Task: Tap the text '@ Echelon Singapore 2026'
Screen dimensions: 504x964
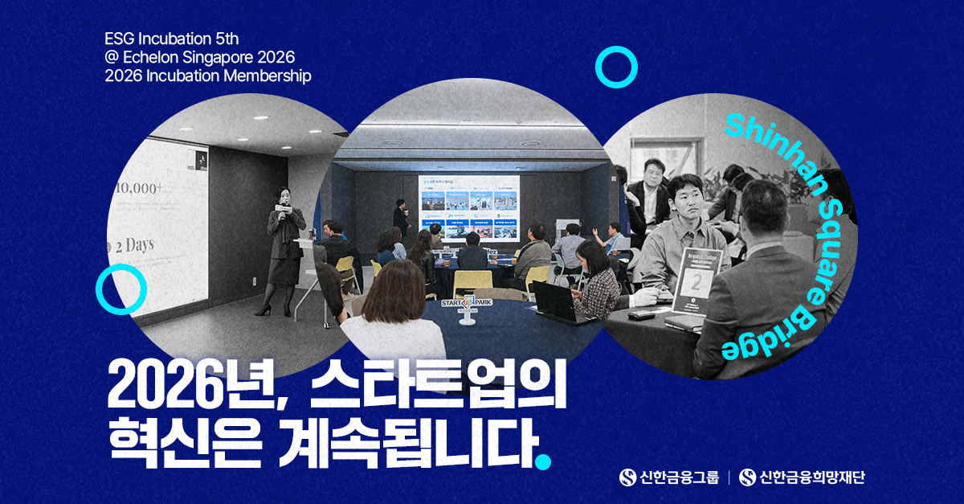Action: point(200,58)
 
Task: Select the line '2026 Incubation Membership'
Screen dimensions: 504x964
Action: point(207,76)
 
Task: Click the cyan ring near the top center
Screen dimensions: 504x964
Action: point(616,67)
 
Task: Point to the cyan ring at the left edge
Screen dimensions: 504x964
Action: point(120,289)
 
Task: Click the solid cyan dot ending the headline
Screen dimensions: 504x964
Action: point(544,461)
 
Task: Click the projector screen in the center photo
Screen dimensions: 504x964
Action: point(468,207)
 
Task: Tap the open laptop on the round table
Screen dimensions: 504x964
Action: point(554,301)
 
